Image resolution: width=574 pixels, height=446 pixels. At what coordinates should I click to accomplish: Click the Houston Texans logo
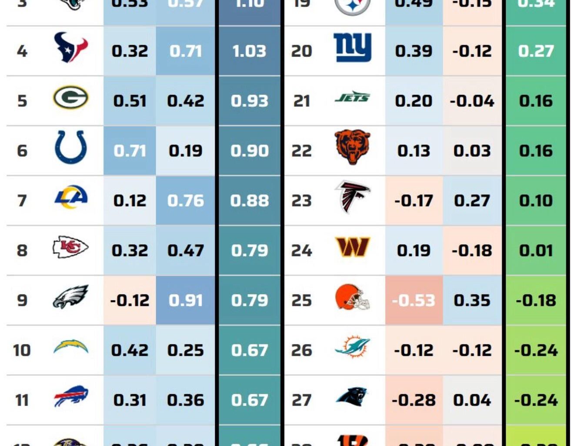pos(70,47)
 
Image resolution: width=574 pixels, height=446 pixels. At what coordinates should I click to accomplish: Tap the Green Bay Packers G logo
pos(70,97)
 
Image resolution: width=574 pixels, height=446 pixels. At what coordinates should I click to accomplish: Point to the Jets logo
pos(352,98)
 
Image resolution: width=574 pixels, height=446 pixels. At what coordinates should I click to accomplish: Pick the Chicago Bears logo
pos(352,147)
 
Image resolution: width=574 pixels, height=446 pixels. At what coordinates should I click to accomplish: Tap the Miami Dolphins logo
pos(352,347)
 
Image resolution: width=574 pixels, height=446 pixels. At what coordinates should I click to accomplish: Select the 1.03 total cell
pos(249,51)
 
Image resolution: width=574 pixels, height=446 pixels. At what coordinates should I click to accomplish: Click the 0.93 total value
pos(249,101)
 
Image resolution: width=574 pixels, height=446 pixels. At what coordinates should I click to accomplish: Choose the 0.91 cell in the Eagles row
pos(186,301)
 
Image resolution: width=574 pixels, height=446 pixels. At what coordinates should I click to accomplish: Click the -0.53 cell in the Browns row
pos(414,301)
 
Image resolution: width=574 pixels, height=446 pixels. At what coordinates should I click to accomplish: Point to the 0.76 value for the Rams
pos(186,201)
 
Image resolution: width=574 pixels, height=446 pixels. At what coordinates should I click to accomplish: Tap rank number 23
pos(301,201)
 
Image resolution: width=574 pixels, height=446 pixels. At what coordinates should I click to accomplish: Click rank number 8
pos(22,251)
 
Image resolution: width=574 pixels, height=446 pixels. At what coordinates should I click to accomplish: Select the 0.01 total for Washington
pos(536,251)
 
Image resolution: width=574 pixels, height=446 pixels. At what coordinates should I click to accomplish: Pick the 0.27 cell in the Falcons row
pos(472,201)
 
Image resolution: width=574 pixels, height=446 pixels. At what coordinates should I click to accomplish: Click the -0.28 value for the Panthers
pos(414,400)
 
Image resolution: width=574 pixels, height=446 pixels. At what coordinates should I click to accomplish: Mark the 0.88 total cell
pos(249,201)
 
